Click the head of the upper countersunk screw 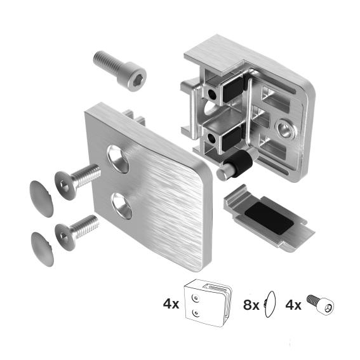point(64,184)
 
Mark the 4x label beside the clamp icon point(171,304)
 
